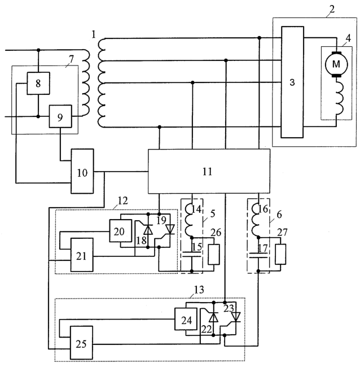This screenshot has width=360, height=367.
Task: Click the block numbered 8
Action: click(x=38, y=83)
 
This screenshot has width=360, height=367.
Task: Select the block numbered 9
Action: click(x=60, y=116)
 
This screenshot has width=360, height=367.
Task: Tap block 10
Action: click(x=82, y=171)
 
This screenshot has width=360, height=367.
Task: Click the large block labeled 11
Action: click(x=209, y=171)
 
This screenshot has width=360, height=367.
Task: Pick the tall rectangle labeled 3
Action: click(x=292, y=82)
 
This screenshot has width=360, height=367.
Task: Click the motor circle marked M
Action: click(x=336, y=64)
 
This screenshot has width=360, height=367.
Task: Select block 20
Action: click(x=120, y=231)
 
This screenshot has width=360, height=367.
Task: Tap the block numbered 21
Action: click(x=82, y=255)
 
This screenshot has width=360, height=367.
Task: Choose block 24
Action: click(x=186, y=319)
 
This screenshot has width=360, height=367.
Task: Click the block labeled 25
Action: click(x=81, y=343)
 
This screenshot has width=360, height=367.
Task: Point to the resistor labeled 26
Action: click(x=214, y=255)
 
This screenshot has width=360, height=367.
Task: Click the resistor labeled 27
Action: click(x=280, y=254)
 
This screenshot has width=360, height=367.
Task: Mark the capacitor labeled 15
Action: click(x=192, y=254)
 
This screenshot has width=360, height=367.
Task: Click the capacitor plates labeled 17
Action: click(x=258, y=255)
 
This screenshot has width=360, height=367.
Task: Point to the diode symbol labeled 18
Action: click(x=148, y=230)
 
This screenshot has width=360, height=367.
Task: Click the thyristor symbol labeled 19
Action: click(x=170, y=229)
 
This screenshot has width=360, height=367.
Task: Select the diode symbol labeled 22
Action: click(x=213, y=318)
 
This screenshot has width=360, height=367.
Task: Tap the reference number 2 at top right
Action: click(x=332, y=9)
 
